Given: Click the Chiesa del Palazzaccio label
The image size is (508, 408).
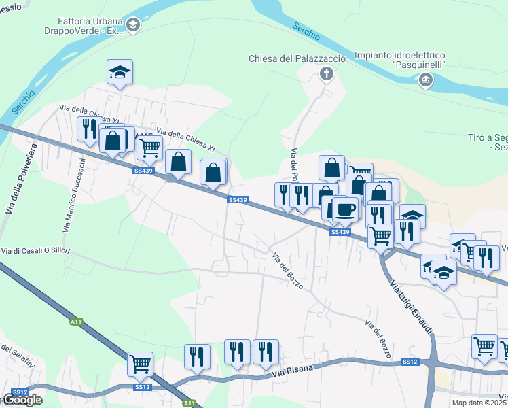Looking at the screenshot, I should tap(297, 59).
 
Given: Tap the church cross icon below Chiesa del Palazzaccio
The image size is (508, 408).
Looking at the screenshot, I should tap(327, 73).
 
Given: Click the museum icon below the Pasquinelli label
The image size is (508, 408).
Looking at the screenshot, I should tap(426, 81).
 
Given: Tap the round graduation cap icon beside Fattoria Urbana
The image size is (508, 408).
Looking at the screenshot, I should tap(133, 26).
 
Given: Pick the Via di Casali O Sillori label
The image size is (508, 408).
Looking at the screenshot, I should tap(35, 251).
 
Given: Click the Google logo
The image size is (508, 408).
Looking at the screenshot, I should tap(22, 400).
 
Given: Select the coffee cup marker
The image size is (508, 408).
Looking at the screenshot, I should tap(345, 209).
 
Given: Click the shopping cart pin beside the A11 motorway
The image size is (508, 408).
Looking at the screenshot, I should tap(140, 364).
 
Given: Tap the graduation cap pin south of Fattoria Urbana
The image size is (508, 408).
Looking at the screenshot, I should tap(120, 72).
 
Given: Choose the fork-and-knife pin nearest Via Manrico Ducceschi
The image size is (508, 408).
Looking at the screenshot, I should tap(90, 129).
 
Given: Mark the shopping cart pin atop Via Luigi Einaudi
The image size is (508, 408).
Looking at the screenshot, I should tap(381, 236).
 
